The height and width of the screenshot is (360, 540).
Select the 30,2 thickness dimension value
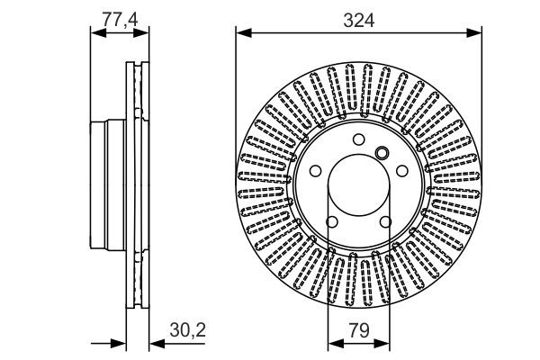click(x=188, y=330)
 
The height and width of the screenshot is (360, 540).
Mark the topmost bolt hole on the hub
click(x=359, y=139)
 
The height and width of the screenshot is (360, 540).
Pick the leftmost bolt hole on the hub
click(x=314, y=171)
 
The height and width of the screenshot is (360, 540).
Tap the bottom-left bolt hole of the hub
click(x=331, y=223)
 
